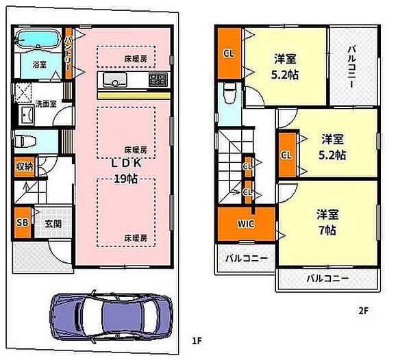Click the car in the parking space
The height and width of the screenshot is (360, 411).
point(110,316)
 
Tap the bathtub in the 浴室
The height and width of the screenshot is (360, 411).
point(37,39)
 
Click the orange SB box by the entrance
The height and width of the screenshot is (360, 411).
point(23,222)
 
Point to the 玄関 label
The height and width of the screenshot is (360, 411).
point(53,222)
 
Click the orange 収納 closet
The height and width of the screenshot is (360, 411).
point(23,166)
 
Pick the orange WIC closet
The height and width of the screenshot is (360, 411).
point(247,223)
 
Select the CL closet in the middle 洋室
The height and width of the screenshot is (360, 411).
point(286,155)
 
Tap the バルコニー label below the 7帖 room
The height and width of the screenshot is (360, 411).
point(327,279)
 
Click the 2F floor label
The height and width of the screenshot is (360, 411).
point(362,310)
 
